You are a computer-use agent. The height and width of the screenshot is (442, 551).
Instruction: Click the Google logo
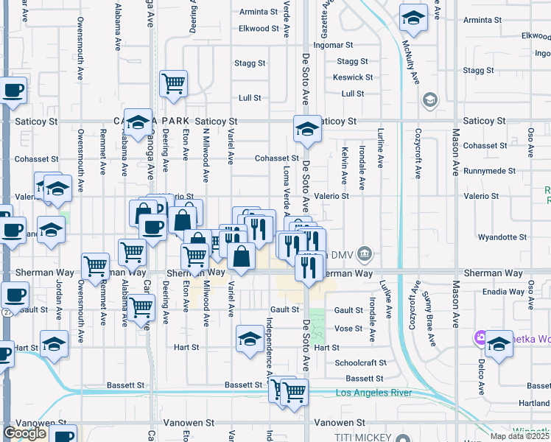24,433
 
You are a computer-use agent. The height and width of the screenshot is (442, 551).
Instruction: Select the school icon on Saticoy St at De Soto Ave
307,131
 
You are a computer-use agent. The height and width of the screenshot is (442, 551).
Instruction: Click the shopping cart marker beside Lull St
173,85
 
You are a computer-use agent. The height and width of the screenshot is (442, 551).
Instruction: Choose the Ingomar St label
319,45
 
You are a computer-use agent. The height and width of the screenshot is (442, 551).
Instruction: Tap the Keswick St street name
352,77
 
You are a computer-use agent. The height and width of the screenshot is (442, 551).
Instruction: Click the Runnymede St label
490,171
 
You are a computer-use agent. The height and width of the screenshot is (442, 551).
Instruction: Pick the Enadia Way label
505,292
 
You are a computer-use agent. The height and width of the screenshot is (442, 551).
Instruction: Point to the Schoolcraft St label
360,363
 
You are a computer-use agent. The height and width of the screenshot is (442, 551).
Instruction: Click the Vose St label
348,329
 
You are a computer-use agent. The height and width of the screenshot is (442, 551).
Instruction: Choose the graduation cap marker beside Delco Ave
499,345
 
